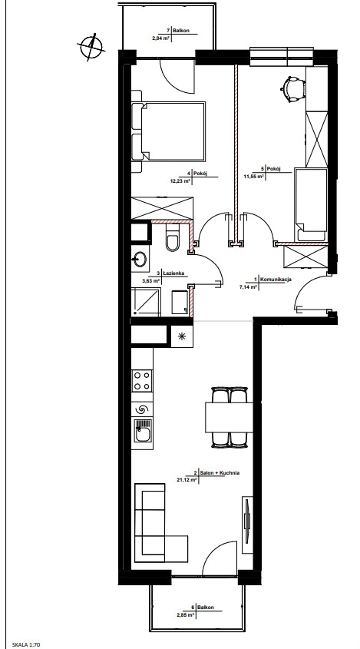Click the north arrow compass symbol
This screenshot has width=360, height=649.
coord(91,46)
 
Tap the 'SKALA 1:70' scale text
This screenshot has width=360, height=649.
coord(27,644)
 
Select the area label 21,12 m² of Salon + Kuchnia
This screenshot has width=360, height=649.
coord(187,480)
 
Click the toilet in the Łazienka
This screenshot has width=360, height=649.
coord(172,237)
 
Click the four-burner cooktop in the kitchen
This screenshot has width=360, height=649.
coord(142,381)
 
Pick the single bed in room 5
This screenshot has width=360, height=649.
coord(310,204)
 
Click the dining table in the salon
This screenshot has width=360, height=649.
coord(230,417)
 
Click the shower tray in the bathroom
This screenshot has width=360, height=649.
coord(146,302)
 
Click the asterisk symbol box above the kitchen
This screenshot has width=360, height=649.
coord(182,336)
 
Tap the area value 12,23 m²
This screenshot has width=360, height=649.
coord(180,181)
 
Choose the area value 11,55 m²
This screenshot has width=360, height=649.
coord(254,175)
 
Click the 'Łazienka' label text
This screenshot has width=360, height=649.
coord(173,273)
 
